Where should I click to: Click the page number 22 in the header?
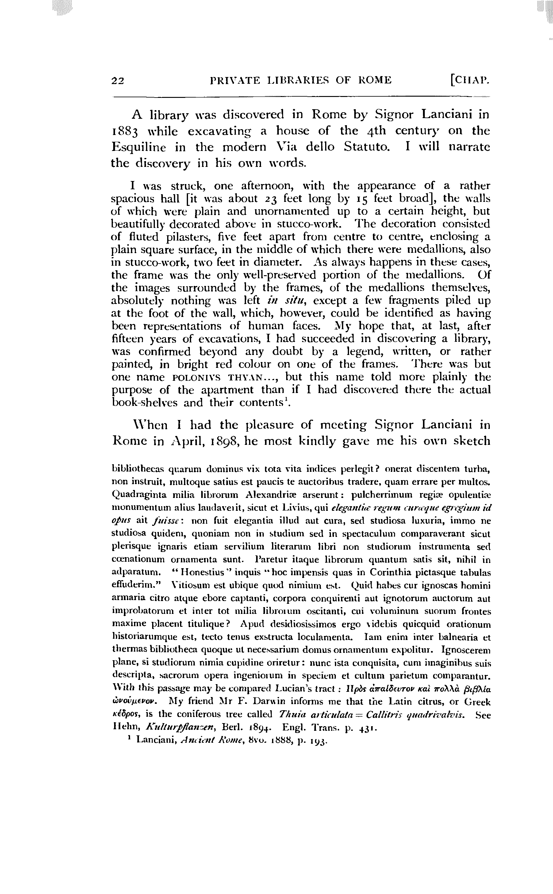(x=118, y=80)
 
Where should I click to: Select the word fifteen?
(x=129, y=339)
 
